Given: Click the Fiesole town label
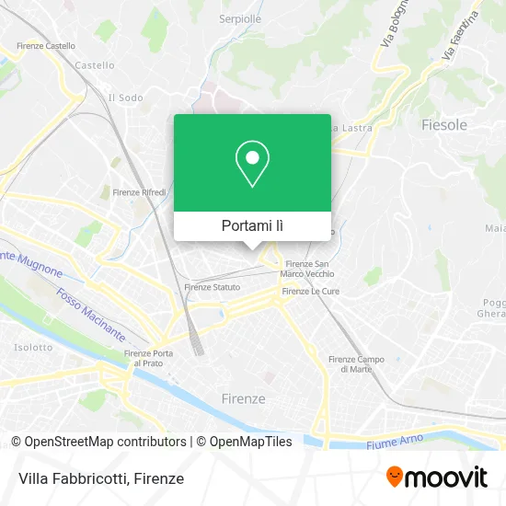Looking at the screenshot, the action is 443,124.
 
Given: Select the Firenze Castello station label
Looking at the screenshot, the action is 47,45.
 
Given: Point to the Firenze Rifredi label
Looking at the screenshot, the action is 139,192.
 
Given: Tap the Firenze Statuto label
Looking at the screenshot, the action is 213,287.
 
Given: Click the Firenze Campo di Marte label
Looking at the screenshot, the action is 356,363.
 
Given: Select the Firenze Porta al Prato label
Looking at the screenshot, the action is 148,358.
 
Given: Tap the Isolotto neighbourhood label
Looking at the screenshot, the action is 33,348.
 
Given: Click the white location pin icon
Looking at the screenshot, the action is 252,163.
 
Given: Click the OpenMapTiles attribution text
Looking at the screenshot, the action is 244,442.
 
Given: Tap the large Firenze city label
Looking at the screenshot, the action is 244,398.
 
